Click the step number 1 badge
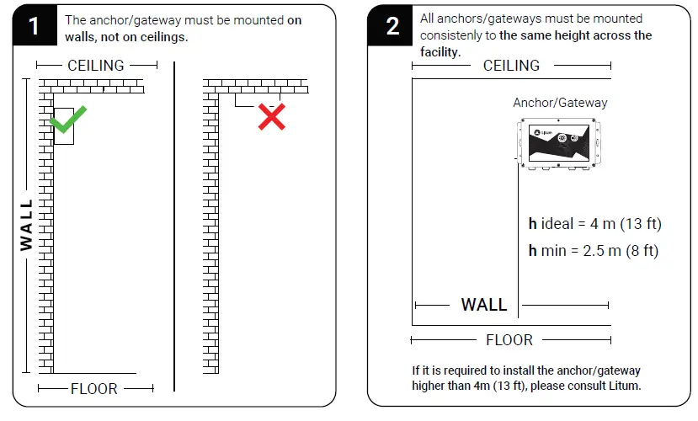34,26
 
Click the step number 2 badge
392,26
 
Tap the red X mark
271,116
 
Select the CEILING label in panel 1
96,65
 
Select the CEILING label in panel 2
511,66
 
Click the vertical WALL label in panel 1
27,225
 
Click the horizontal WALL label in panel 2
484,305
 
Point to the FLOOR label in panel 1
94,389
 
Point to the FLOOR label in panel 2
509,340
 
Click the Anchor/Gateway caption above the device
560,103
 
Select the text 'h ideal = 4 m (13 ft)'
594,224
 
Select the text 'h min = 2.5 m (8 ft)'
593,251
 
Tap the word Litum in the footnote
624,386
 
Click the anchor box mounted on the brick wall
63,126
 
